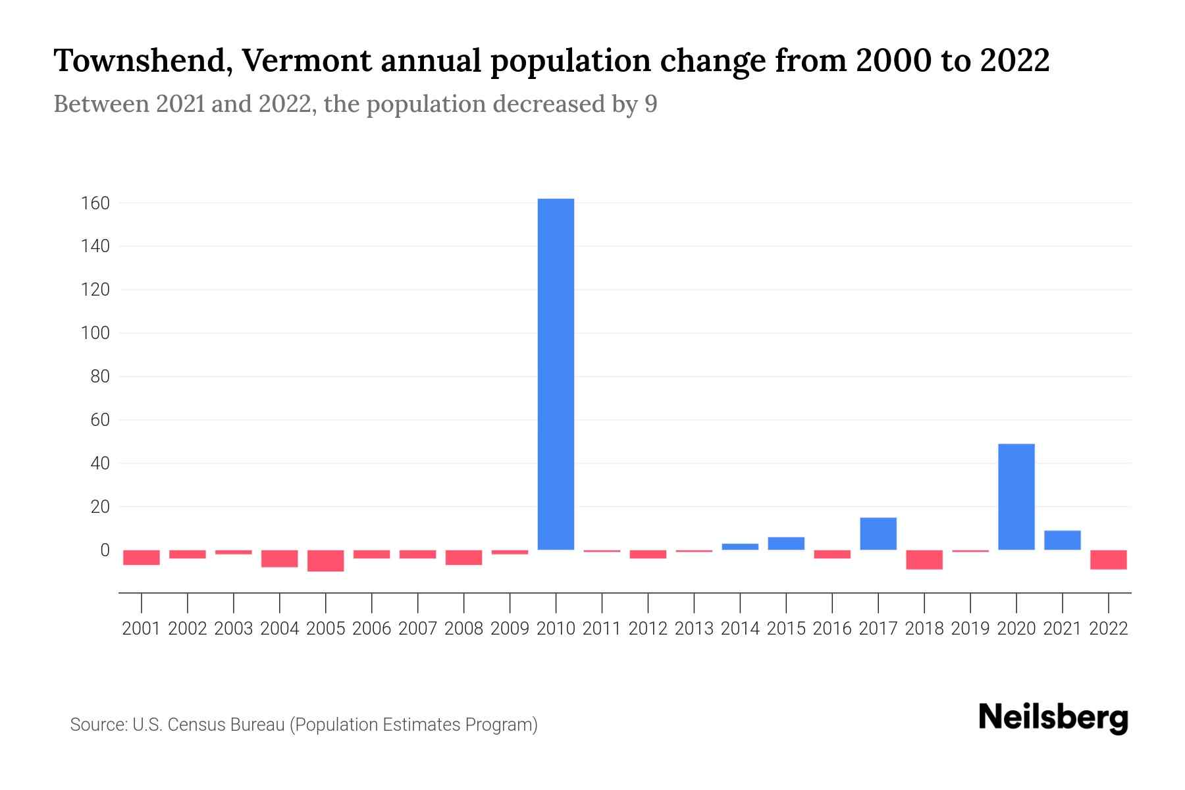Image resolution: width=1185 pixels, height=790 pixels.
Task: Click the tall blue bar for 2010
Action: point(556,374)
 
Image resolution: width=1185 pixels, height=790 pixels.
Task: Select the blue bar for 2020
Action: point(1016,497)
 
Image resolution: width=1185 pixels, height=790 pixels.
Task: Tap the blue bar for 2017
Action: point(878,534)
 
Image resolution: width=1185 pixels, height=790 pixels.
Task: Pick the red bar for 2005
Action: point(326,560)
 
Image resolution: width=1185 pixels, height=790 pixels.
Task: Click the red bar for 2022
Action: point(1108,560)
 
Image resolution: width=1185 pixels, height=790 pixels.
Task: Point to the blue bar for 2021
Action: point(1062,540)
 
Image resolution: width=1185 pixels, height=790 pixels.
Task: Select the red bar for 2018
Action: point(924,560)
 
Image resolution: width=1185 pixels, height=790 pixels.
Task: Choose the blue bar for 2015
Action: point(785,544)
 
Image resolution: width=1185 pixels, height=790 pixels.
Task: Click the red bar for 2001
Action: point(142,557)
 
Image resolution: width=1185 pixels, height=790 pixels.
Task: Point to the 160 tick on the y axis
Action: point(95,203)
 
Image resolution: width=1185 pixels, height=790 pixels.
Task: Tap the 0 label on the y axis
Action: point(104,550)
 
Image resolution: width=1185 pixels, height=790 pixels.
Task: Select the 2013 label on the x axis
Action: point(694,629)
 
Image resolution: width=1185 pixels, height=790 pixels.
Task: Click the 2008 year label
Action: point(463,629)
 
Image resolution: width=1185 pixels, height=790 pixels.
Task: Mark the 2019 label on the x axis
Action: point(970,629)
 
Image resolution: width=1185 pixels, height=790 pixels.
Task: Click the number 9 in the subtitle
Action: point(650,104)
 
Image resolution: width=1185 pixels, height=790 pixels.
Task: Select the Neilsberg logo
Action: point(1053,718)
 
